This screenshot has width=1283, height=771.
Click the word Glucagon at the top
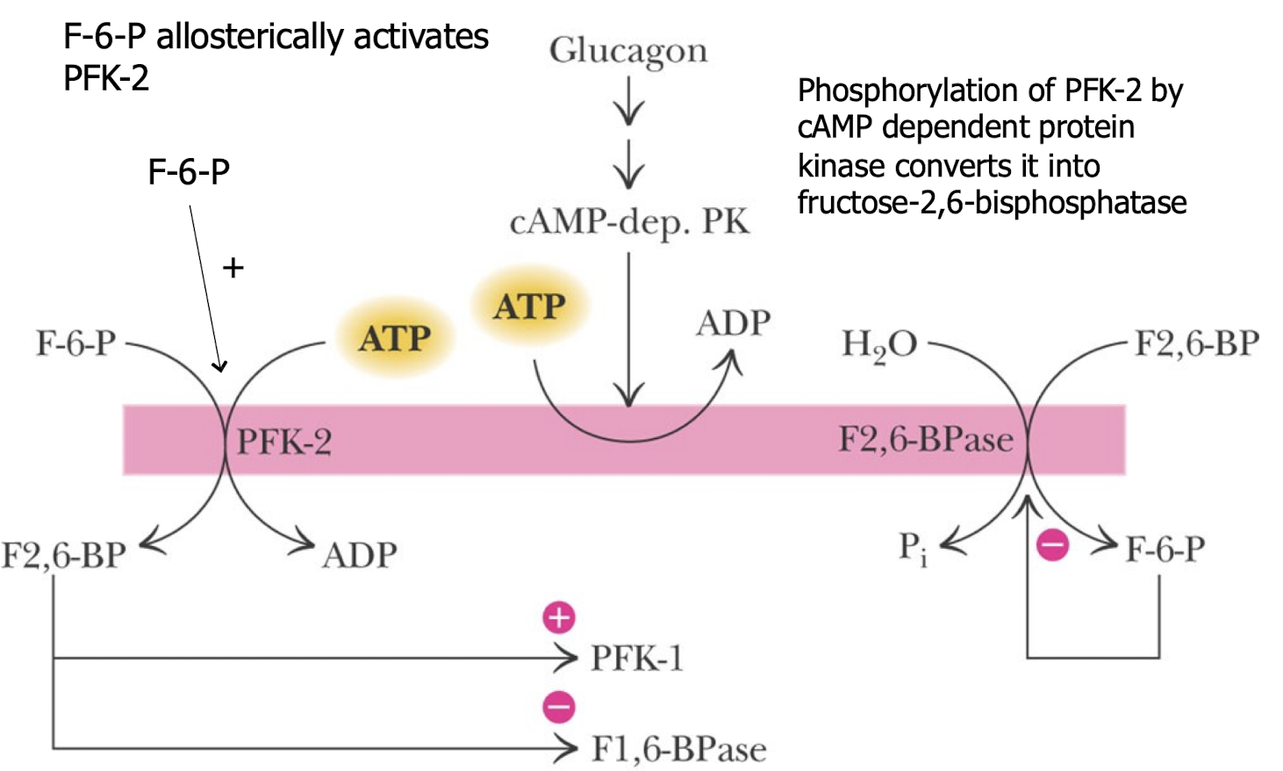point(627,51)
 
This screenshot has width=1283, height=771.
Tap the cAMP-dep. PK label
point(629,221)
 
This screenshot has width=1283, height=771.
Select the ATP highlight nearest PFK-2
point(395,338)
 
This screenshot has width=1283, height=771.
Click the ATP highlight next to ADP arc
point(529,306)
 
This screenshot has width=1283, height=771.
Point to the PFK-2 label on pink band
point(284,441)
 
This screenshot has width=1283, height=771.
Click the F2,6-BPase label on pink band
point(926,439)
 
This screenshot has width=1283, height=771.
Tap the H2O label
point(878,344)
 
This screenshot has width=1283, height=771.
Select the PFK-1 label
point(636,658)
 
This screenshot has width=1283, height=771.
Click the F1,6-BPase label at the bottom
point(678,749)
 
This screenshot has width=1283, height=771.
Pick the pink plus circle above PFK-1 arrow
point(559,618)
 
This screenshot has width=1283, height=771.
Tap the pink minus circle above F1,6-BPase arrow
point(559,707)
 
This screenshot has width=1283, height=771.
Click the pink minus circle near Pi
point(1052,545)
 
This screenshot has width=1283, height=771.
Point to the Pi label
point(913,549)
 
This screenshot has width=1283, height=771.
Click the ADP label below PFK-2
point(360,555)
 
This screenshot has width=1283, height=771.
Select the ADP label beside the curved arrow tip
point(733,324)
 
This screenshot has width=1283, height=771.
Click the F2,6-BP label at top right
point(1197,343)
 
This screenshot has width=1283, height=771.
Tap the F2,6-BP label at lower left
point(64,555)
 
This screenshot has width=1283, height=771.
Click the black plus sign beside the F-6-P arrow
point(233,268)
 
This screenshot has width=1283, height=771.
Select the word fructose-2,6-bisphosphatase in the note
point(992,203)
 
